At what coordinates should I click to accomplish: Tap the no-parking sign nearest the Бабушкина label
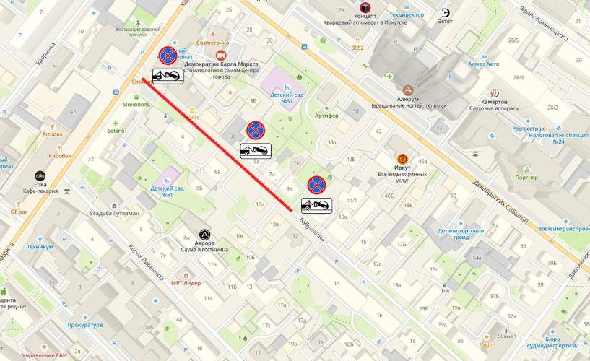coord(316,185)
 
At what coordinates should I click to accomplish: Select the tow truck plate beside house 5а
coord(256,150)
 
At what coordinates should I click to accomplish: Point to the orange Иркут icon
coord(402,159)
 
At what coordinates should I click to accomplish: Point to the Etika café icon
coord(40,175)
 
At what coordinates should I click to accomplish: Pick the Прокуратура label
coord(84,325)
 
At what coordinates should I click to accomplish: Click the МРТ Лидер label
coord(186,282)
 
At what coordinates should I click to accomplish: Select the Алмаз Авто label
coord(482,64)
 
